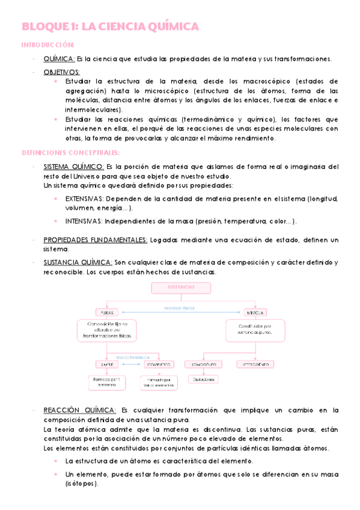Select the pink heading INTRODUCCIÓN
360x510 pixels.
pyautogui.click(x=48, y=45)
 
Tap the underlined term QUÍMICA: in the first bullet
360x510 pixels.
pyautogui.click(x=59, y=58)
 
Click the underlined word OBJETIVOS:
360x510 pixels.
pyautogui.click(x=62, y=72)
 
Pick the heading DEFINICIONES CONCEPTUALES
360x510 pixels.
pyautogui.click(x=70, y=153)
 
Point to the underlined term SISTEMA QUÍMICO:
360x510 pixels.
pyautogui.click(x=74, y=167)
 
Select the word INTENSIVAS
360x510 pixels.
pyautogui.click(x=83, y=221)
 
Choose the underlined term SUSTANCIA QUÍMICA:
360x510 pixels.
pyautogui.click(x=78, y=262)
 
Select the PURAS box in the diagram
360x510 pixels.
pyautogui.click(x=108, y=313)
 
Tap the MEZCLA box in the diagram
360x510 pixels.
pyautogui.click(x=254, y=313)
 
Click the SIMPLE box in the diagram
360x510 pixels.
pyautogui.click(x=108, y=364)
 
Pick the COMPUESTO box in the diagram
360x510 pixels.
pyautogui.click(x=159, y=364)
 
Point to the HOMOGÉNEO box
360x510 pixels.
pyautogui.click(x=205, y=364)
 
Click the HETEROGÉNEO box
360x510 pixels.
pyautogui.click(x=254, y=364)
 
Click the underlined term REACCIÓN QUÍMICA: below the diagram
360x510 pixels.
pyautogui.click(x=79, y=410)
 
